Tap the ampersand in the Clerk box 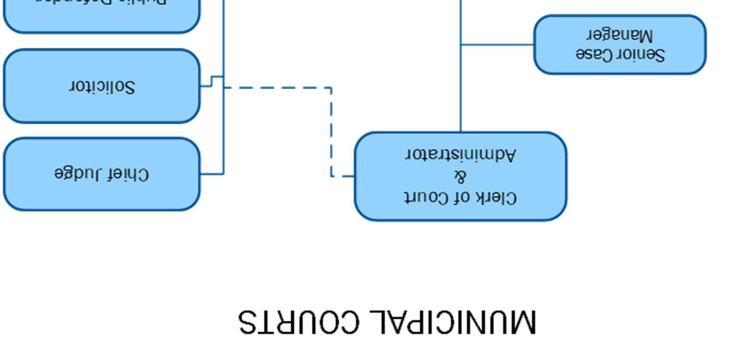tap(460, 176)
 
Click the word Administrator tap(460, 154)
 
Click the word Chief tap(127, 174)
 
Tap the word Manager tap(620, 35)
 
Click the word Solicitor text tap(102, 86)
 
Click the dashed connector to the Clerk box tap(331, 128)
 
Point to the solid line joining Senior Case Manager tap(497, 44)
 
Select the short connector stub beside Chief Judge tap(212, 174)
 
